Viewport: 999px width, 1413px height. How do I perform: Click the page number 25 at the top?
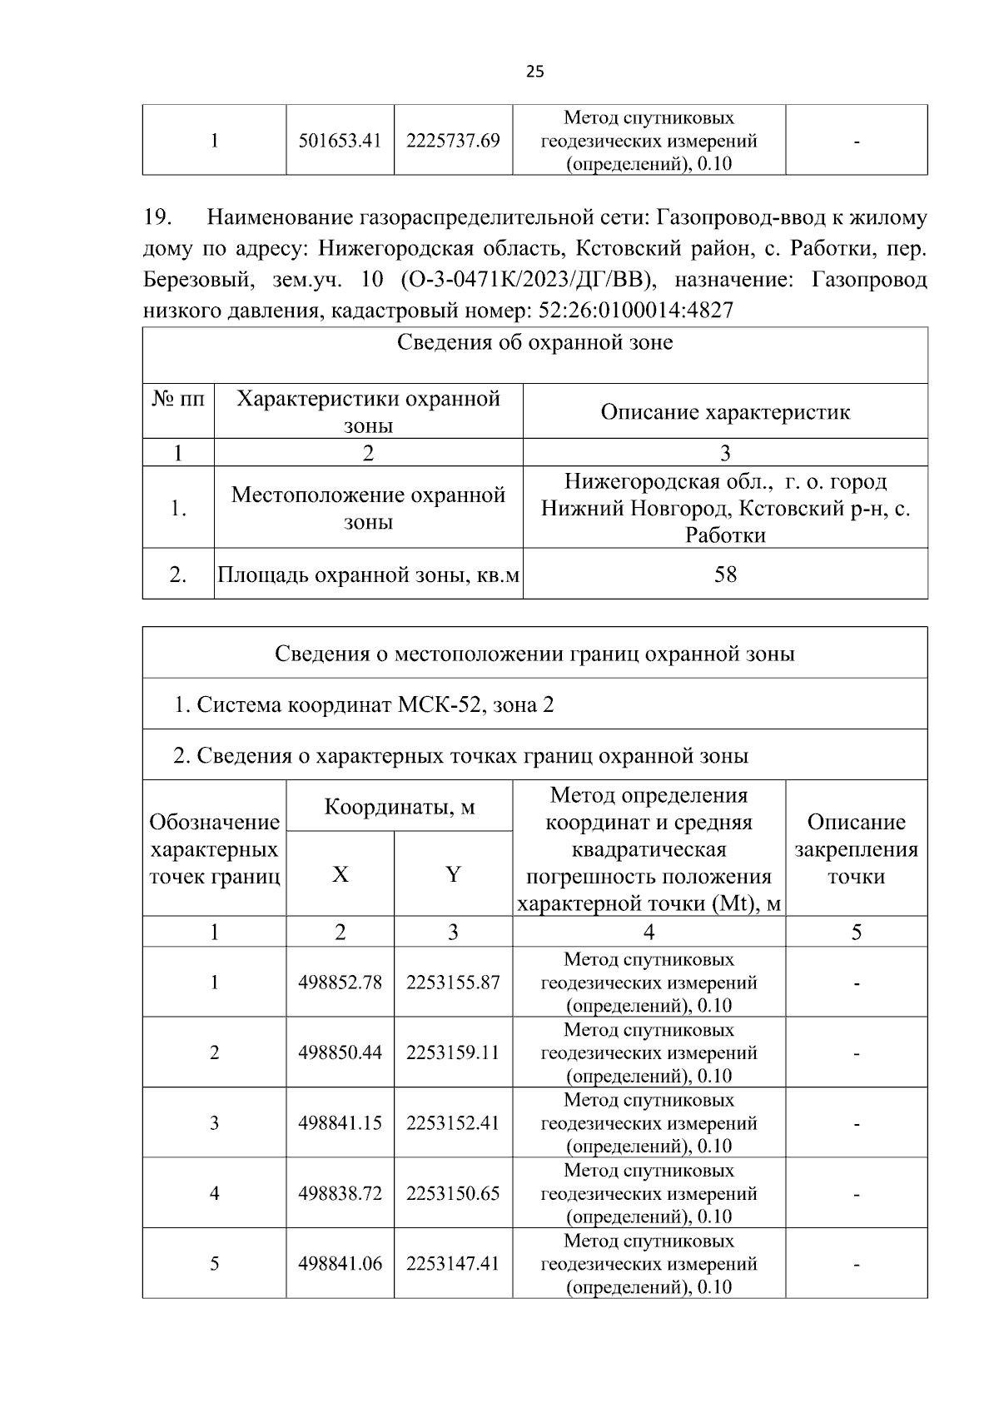[x=535, y=72]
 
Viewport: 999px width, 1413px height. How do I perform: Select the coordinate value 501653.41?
[x=340, y=141]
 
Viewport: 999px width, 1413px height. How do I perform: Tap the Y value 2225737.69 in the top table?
[x=453, y=141]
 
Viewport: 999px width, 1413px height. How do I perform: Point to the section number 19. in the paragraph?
[x=158, y=218]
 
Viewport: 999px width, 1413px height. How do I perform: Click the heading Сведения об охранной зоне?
[x=534, y=343]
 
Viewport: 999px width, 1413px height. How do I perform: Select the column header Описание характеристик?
[x=725, y=412]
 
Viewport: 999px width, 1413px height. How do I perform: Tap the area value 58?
[x=725, y=575]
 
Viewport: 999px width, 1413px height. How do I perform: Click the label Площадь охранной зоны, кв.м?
[x=369, y=575]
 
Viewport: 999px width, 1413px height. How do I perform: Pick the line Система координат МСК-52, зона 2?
[x=364, y=705]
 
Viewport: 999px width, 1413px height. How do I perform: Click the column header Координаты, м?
[x=399, y=807]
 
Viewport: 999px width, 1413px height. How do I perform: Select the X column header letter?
[x=340, y=875]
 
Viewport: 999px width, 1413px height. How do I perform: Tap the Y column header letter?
[x=453, y=875]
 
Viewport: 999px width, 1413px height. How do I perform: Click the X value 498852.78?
[x=340, y=983]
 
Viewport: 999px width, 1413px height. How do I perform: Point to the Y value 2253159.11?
[x=453, y=1052]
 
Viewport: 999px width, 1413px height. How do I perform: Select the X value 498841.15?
[x=340, y=1123]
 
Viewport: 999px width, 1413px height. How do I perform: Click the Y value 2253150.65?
[x=453, y=1194]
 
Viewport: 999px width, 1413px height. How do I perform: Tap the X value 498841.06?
[x=340, y=1264]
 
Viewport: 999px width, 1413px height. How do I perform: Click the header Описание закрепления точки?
[x=856, y=849]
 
